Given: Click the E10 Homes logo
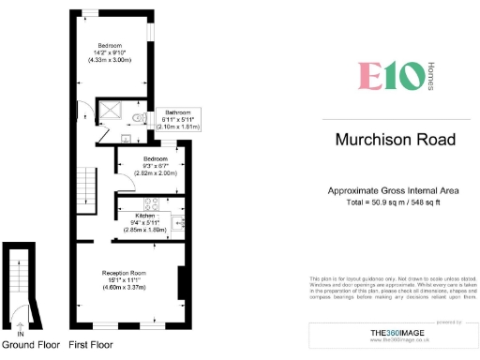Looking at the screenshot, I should click(x=389, y=75).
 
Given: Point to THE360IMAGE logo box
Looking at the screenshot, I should click(x=394, y=335).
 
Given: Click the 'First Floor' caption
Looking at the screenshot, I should click(x=91, y=345).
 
